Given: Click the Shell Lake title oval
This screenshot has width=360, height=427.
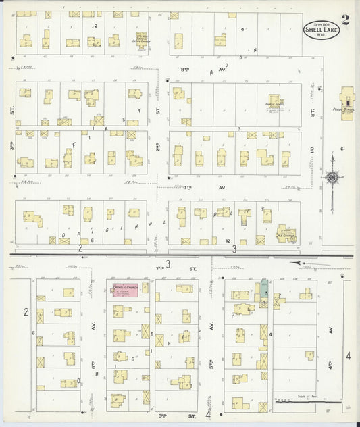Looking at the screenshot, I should [x=318, y=30].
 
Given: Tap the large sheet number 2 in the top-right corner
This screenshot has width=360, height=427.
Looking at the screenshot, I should [x=345, y=19].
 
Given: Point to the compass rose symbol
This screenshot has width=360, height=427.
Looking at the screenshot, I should [x=332, y=178].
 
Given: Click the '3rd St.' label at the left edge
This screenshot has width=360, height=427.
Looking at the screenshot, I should [x=11, y=145].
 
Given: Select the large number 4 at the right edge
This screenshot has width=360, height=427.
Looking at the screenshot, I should [x=349, y=356].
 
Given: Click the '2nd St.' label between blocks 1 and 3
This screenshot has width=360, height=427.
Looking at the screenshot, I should [x=157, y=146].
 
